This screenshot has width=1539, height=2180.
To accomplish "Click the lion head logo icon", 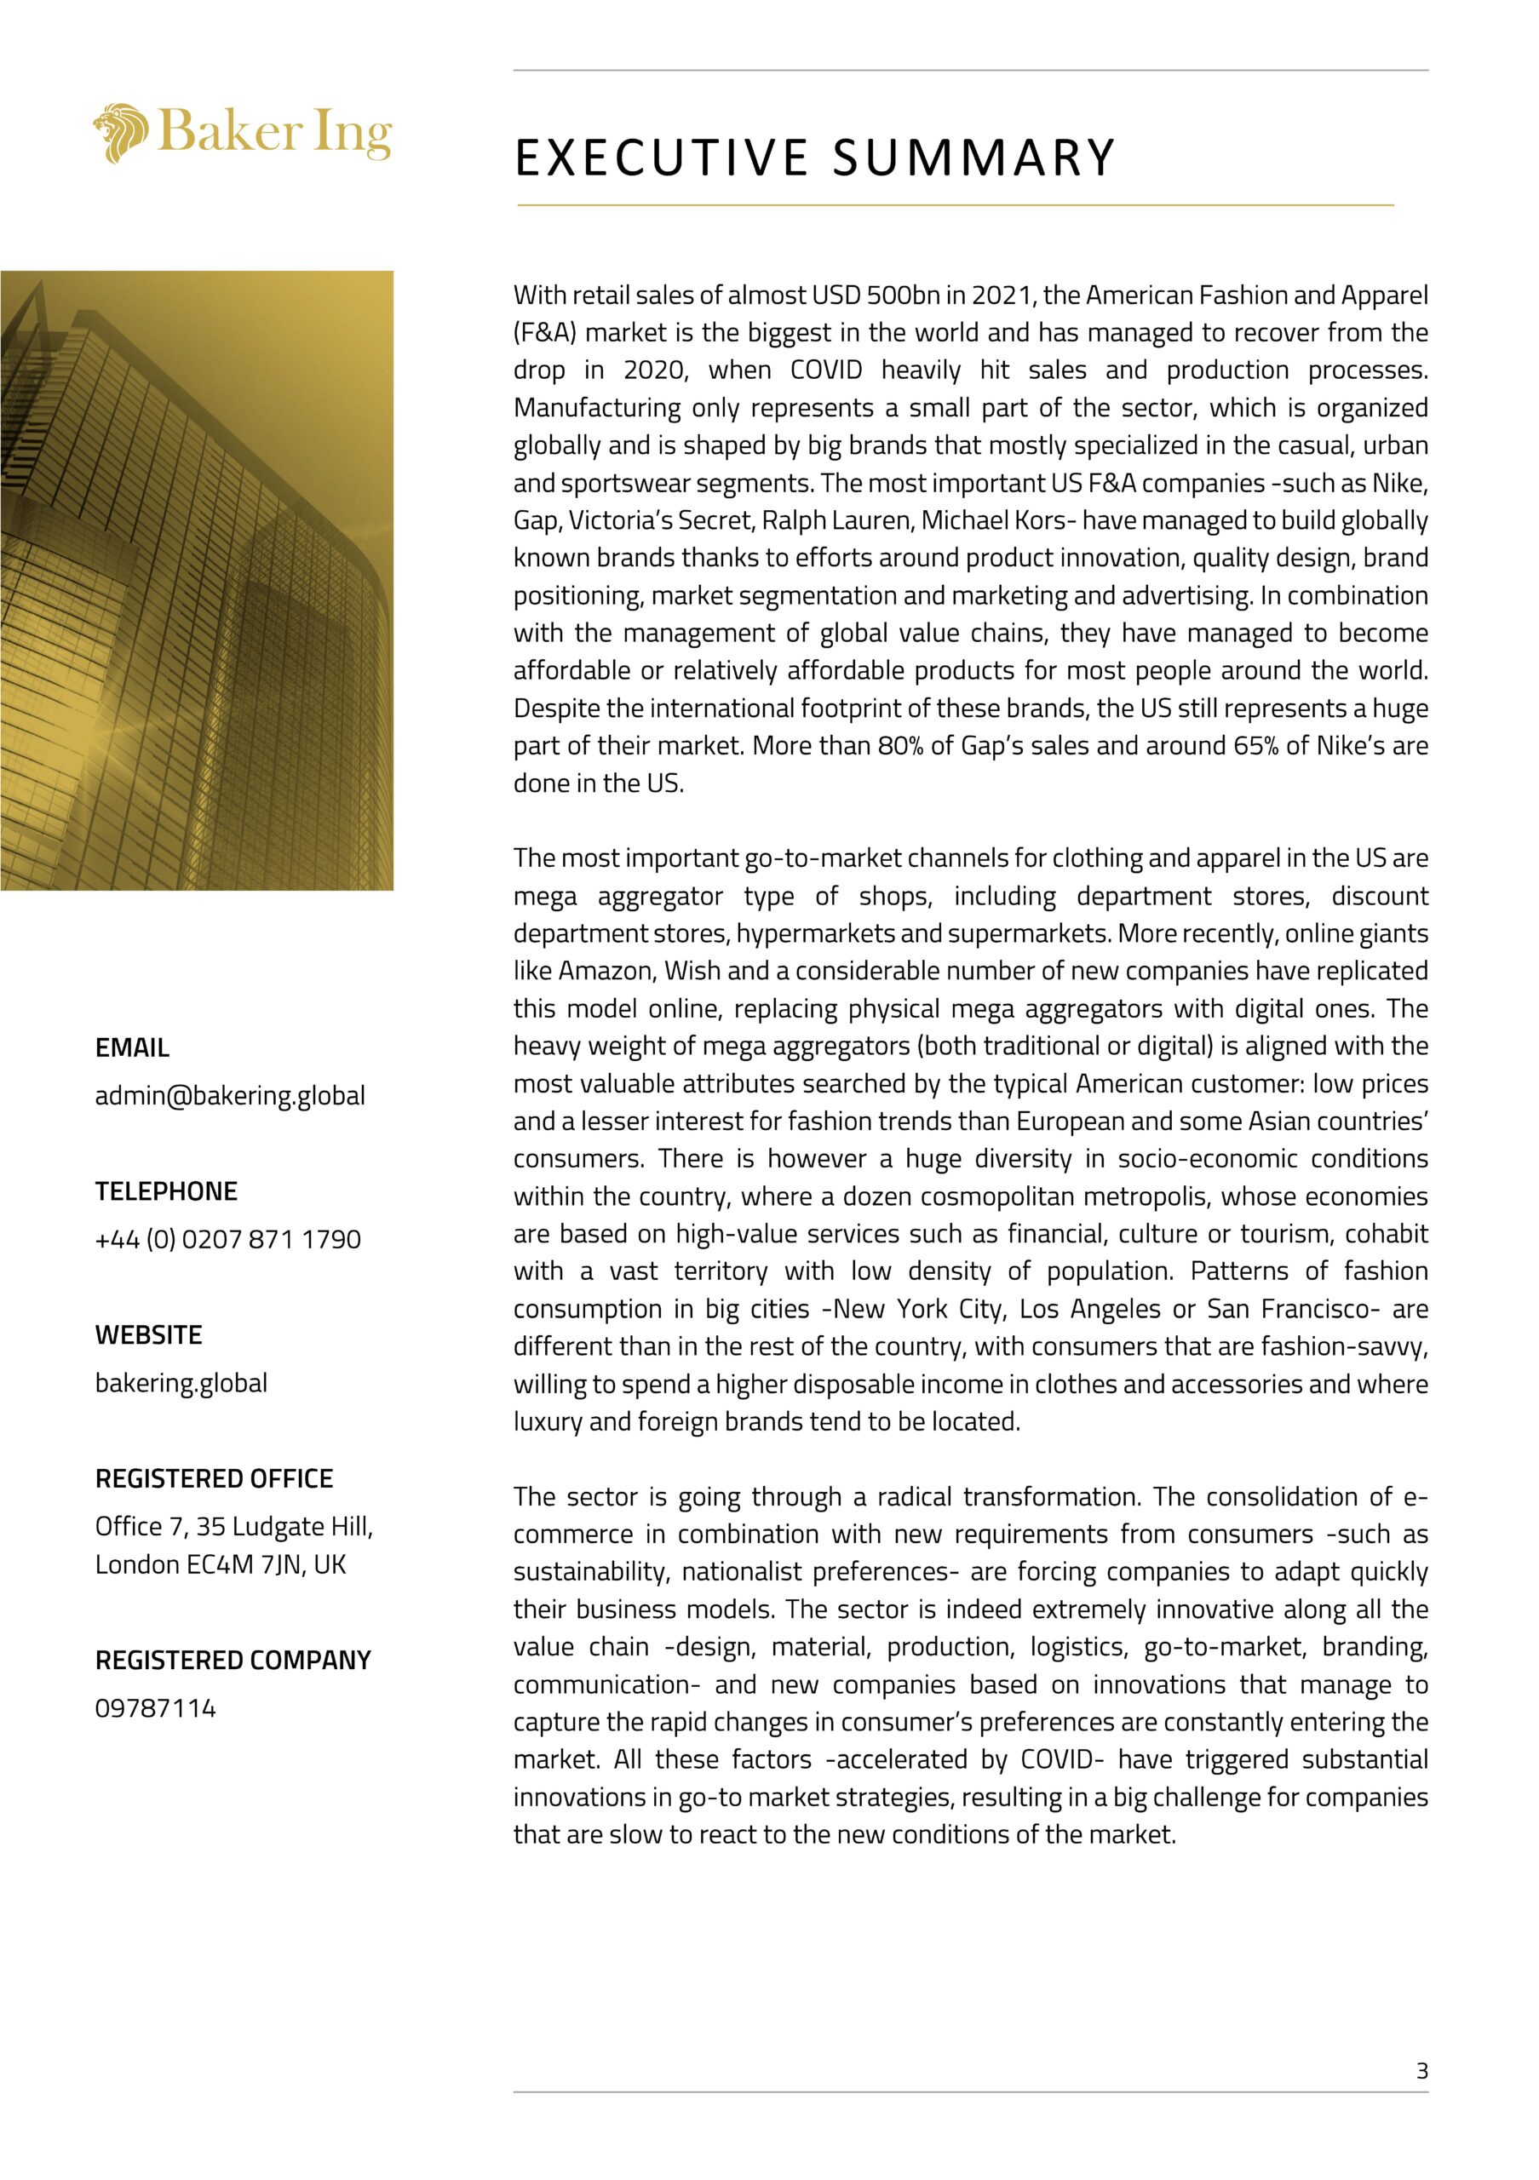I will tap(121, 133).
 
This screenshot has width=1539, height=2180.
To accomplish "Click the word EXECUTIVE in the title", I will tap(661, 158).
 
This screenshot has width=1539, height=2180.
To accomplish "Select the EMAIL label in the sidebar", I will tap(132, 1048).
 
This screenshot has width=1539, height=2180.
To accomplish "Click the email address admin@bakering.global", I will tap(230, 1096).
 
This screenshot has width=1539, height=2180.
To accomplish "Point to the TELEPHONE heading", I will tap(166, 1191).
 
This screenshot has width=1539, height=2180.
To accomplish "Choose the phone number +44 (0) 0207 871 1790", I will tap(228, 1239).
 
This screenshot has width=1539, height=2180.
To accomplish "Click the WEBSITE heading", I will tap(148, 1335).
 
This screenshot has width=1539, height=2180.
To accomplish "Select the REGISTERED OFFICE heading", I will tap(214, 1478).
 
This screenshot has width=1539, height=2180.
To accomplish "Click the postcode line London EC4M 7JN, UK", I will tap(221, 1563).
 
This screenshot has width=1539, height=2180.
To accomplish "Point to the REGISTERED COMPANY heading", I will tap(233, 1660).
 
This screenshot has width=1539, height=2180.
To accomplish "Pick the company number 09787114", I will tap(156, 1708).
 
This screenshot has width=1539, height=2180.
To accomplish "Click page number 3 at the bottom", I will tap(1421, 2071).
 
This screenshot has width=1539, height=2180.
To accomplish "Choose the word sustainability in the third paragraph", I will tap(589, 1571).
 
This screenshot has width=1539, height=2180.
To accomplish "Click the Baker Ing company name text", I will tap(274, 131).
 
